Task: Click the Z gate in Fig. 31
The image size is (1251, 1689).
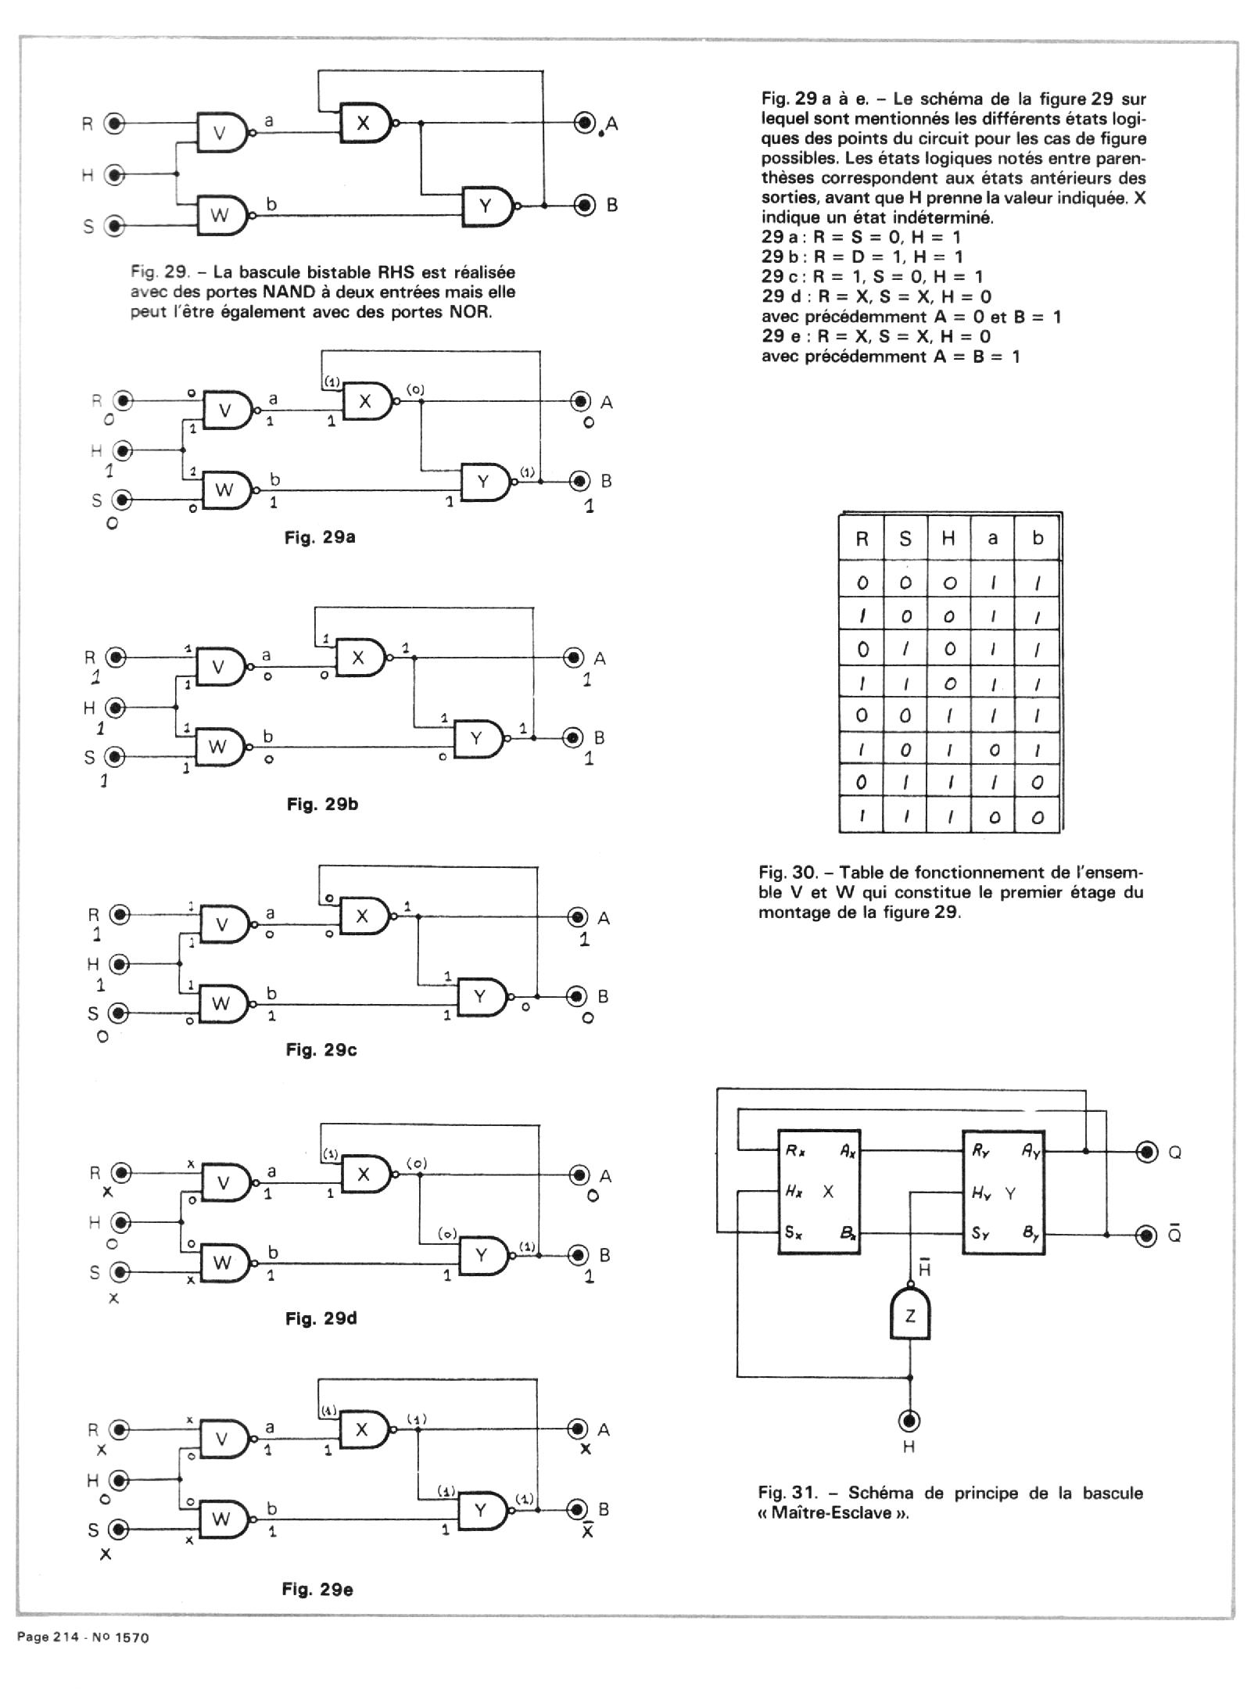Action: (910, 1316)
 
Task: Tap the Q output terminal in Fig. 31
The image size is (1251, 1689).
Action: (1147, 1152)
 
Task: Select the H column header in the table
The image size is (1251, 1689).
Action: (948, 538)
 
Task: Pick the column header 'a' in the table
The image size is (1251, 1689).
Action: (992, 538)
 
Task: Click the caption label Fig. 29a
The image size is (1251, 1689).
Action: (321, 537)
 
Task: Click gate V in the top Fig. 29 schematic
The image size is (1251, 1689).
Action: (221, 133)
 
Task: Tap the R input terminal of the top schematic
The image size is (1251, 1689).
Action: (115, 124)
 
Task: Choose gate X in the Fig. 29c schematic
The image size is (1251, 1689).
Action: (362, 916)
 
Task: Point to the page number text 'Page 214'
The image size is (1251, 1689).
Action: (48, 1637)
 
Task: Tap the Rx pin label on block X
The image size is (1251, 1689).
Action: (795, 1150)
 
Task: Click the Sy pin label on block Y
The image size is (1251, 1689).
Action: (980, 1234)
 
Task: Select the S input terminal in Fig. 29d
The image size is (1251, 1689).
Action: (119, 1273)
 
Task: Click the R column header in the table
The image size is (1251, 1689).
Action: (862, 538)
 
